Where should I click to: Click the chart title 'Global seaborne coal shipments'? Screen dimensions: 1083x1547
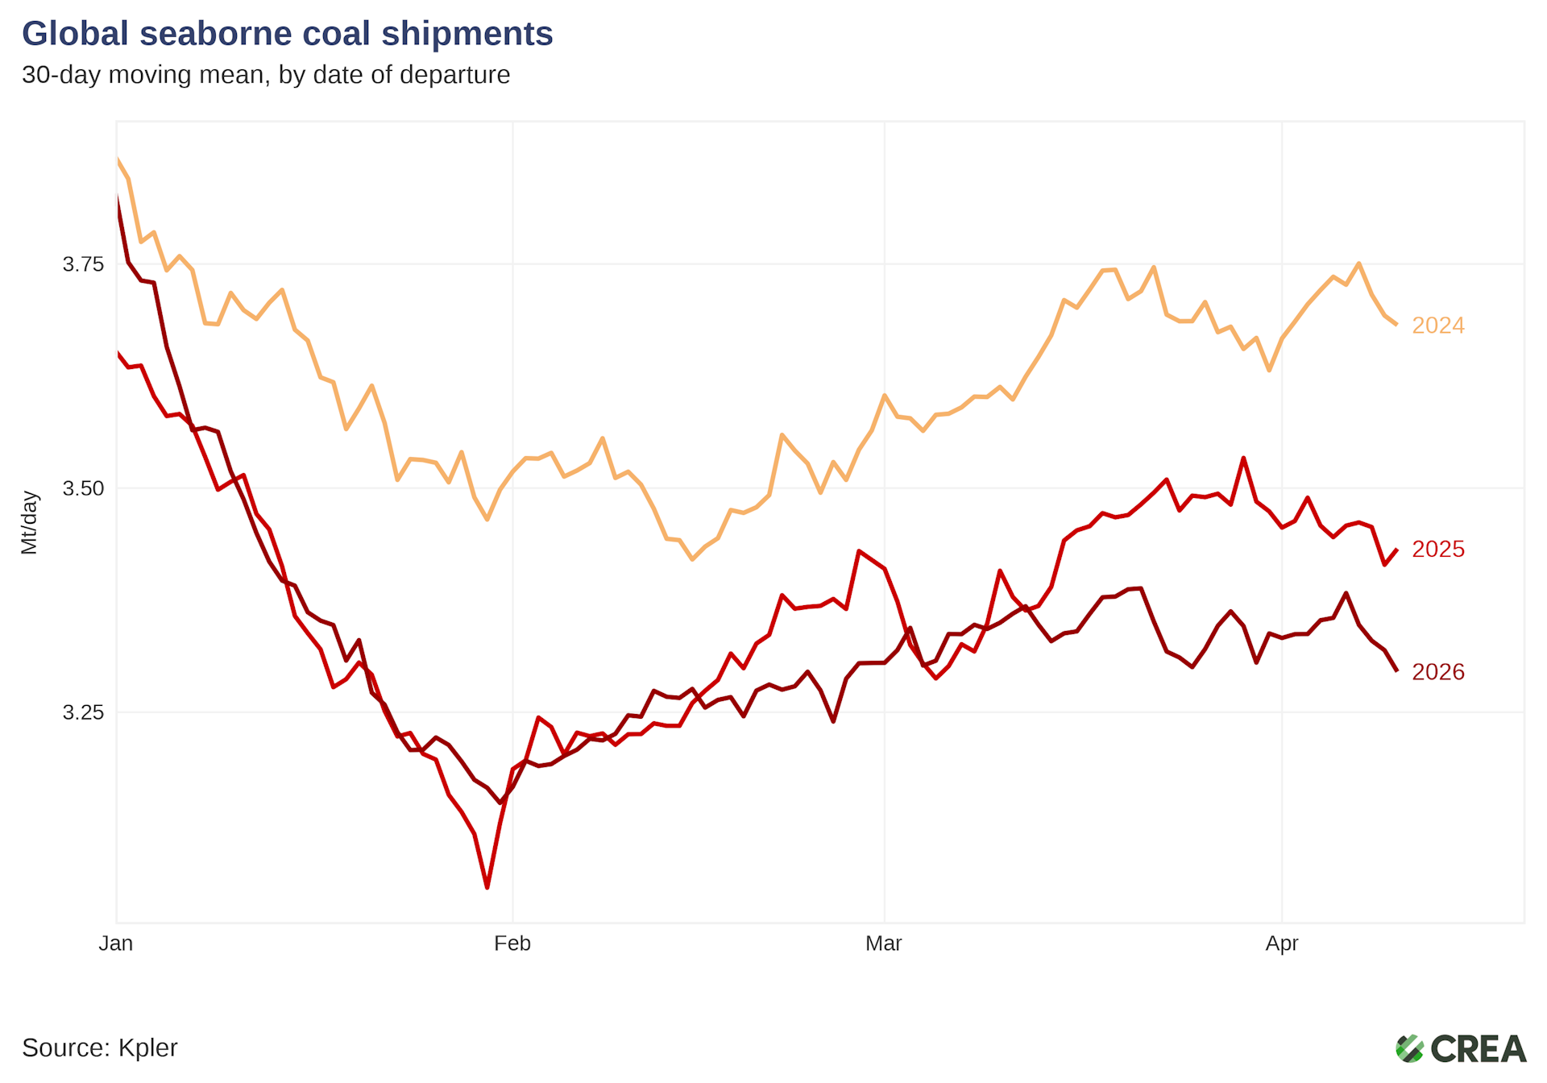coord(287,34)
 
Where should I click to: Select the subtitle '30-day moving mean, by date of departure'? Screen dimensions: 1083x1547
coord(266,75)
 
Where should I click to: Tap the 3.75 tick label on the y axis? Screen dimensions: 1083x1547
coord(83,264)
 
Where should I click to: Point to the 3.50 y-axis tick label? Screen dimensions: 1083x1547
coord(83,488)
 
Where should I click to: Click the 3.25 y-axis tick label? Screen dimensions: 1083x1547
coord(83,712)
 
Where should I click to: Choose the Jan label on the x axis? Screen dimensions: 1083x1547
coord(116,944)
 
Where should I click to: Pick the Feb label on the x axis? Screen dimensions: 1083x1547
coord(512,944)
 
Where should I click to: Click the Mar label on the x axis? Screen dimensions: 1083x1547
coord(884,944)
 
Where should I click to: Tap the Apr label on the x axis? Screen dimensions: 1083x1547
coord(1282,944)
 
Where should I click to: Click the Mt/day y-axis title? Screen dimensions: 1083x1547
coord(29,523)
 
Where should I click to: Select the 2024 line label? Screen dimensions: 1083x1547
coord(1438,326)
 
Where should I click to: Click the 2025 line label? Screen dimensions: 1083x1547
coord(1438,550)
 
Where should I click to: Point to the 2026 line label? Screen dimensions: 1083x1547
coord(1438,672)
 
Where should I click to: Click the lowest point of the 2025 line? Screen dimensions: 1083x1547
coord(487,887)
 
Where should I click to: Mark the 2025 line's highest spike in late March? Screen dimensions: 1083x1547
coord(1244,459)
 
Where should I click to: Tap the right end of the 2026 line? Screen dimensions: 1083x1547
coord(1396,670)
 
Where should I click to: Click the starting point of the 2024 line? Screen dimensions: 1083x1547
coord(118,159)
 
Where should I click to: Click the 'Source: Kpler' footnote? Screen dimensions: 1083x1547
coord(100,1048)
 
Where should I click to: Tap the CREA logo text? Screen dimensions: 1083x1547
coord(1479,1049)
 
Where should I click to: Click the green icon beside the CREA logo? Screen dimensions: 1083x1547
coord(1410,1049)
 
